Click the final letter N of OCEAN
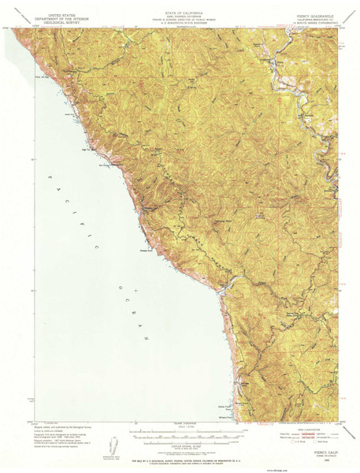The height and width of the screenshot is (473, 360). [x=147, y=337]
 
